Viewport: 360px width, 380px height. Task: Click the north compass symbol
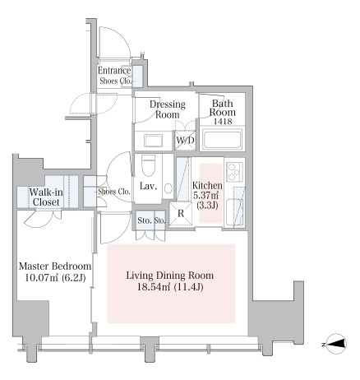[337, 344]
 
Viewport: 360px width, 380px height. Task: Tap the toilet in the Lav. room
[148, 165]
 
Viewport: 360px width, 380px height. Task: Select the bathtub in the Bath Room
[222, 139]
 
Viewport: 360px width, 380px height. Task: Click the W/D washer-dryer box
[185, 141]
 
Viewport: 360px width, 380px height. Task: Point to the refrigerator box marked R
[181, 214]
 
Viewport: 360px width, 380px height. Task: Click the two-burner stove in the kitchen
[234, 172]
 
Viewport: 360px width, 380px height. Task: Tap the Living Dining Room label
[170, 276]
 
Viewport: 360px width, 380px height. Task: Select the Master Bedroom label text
[55, 266]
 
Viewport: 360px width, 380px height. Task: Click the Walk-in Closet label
[46, 197]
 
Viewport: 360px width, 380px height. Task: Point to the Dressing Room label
[168, 109]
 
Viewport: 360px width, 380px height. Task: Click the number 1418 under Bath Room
[223, 121]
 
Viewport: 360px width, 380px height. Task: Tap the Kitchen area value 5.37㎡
[206, 196]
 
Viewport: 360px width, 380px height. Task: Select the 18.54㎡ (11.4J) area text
[170, 287]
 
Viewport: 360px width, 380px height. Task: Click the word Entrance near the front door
[114, 71]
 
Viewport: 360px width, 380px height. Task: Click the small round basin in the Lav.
[168, 188]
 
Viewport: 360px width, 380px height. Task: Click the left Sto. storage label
[144, 220]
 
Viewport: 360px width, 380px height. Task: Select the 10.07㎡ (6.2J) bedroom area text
[55, 278]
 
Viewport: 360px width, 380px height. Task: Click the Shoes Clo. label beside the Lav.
[114, 192]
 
